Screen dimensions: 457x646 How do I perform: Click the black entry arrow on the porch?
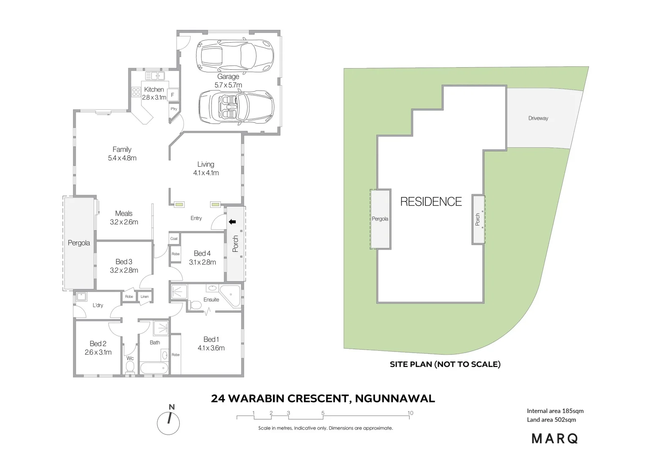tap(231, 221)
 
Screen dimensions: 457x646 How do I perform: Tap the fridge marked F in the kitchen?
tap(172, 95)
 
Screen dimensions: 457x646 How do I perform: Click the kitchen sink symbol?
tap(155, 76)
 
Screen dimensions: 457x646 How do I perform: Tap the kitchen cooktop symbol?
tap(136, 92)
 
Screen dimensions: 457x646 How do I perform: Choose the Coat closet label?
tap(174, 239)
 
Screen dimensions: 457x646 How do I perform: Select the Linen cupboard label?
tap(145, 297)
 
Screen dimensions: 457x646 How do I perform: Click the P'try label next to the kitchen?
tap(174, 109)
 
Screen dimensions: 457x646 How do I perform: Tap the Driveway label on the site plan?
tap(538, 118)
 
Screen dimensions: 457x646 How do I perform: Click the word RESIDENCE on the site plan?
tap(431, 201)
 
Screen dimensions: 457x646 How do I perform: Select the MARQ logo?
tap(555, 439)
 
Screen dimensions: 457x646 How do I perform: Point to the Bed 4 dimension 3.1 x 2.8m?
tap(202, 262)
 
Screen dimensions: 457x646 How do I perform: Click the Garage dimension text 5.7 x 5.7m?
tap(228, 85)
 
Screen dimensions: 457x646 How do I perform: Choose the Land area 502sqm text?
tap(551, 420)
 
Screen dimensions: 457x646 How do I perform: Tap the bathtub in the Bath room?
tap(154, 368)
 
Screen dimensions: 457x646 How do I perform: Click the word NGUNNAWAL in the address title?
tap(395, 399)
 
